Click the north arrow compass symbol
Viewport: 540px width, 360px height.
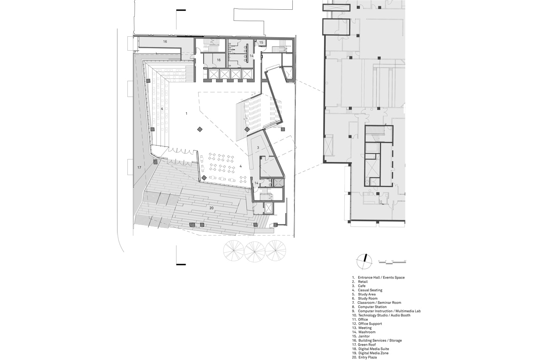pos(364,262)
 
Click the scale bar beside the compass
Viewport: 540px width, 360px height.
pos(392,262)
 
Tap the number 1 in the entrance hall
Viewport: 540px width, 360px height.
pos(186,114)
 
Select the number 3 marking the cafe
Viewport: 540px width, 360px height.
pos(258,148)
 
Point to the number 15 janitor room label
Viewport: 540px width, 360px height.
pos(261,43)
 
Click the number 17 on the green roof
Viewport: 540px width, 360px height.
pos(139,168)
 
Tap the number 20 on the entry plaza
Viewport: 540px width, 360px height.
pos(211,208)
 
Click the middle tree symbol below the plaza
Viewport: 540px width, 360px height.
pos(254,252)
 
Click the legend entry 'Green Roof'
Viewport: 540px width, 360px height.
pos(370,345)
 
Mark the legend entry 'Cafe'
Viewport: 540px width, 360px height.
pos(362,286)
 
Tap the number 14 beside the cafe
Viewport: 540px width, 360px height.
pos(256,183)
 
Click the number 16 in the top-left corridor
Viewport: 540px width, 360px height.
pos(165,42)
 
